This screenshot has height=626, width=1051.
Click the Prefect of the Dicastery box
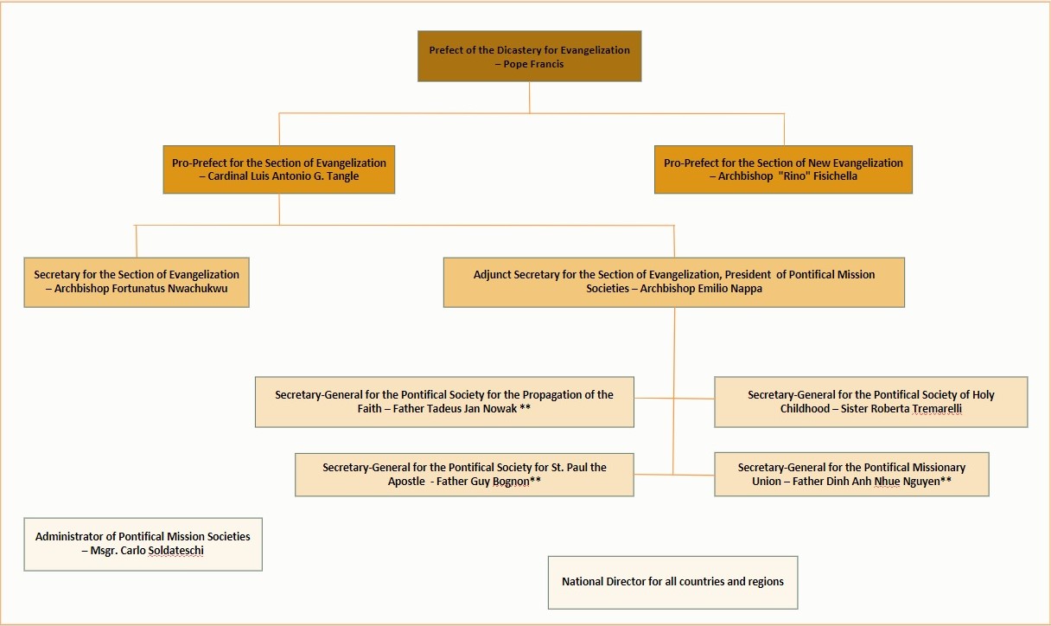pos(529,56)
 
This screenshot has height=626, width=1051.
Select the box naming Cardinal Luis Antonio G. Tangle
pos(278,169)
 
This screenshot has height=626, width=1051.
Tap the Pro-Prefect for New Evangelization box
pos(783,169)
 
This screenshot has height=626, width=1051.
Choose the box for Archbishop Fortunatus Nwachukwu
pos(137,282)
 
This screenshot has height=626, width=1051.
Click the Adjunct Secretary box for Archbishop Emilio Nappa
pos(674,282)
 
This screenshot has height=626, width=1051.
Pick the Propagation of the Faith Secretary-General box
pos(444,402)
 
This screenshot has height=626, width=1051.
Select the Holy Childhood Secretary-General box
pos(871,402)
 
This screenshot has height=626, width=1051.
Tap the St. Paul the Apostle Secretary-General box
pos(464,475)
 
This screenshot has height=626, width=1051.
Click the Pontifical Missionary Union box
pos(851,474)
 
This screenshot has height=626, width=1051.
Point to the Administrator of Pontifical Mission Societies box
pos(143,545)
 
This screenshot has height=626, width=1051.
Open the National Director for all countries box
pos(672,583)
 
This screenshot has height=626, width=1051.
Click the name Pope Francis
pos(533,64)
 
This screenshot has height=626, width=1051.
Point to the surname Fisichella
pos(835,176)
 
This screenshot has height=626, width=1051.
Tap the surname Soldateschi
pos(176,551)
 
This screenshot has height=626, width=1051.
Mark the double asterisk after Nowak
pos(525,408)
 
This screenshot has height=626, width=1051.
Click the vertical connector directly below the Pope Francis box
pos(530,98)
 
